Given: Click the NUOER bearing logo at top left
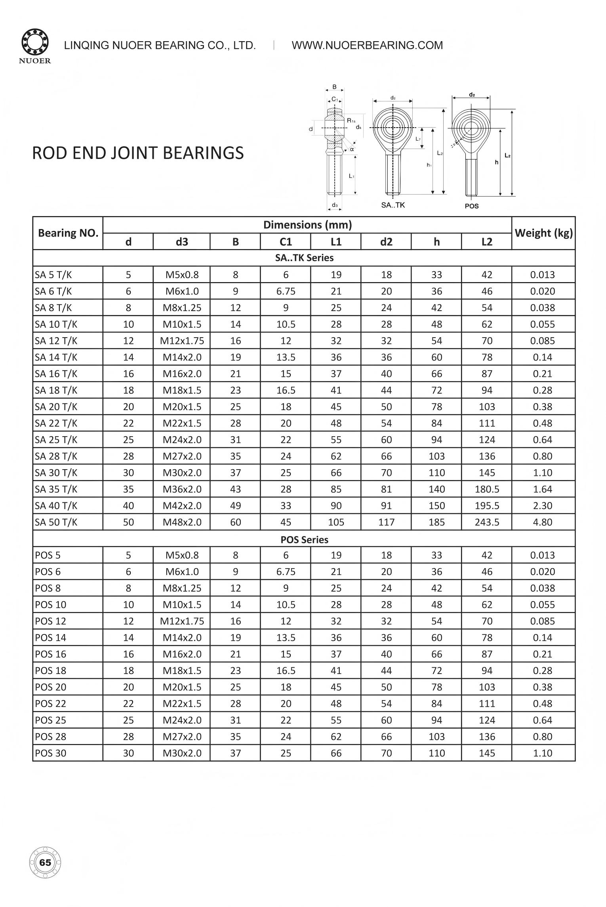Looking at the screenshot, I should click(36, 46).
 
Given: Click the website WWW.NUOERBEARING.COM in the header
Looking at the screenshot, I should click(367, 45).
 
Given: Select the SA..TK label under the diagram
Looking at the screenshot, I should click(393, 205).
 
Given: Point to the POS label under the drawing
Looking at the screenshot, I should click(471, 206).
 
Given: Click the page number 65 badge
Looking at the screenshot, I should click(45, 863).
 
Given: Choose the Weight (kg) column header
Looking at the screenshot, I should click(543, 233).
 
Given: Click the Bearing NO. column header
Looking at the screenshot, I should click(68, 233).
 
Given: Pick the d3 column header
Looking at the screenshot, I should click(182, 242).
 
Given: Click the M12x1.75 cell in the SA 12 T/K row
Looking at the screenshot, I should click(182, 341).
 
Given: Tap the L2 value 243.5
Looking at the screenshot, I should click(487, 522).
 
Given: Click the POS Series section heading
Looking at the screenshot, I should click(304, 539).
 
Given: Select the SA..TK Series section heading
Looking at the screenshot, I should click(304, 258).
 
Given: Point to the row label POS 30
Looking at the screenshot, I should click(51, 753).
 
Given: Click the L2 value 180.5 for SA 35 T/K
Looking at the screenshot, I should click(487, 489).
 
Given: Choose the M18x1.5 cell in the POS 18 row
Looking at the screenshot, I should click(182, 670).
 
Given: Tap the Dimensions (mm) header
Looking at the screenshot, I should click(307, 225).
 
